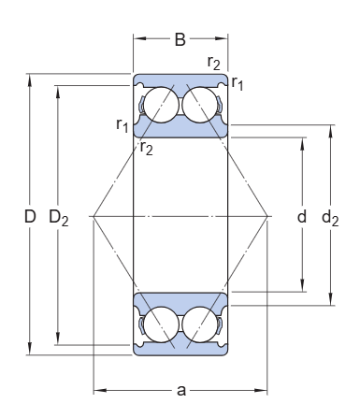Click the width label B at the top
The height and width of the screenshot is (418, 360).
pyautogui.click(x=180, y=39)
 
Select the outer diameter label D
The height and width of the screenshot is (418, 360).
pyautogui.click(x=30, y=216)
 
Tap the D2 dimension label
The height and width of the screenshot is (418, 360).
pyautogui.click(x=59, y=217)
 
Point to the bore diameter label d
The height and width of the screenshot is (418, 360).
pyautogui.click(x=302, y=216)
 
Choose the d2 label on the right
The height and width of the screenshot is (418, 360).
pyautogui.click(x=330, y=217)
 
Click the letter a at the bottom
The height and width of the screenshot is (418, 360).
pyautogui.click(x=181, y=390)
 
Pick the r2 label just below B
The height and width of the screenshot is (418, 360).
pyautogui.click(x=214, y=63)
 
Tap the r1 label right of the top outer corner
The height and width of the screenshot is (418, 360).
pyautogui.click(x=237, y=83)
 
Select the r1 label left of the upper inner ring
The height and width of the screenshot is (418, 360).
pyautogui.click(x=122, y=125)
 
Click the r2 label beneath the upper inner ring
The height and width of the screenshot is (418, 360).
pyautogui.click(x=146, y=148)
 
